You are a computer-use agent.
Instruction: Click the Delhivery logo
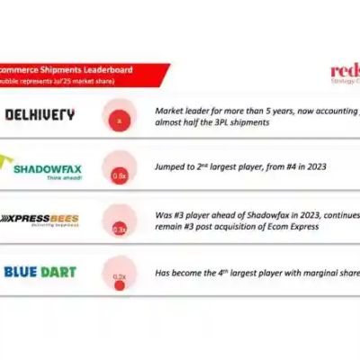point(40,115)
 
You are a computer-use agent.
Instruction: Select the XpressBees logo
point(41,218)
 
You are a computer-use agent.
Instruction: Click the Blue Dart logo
point(40,271)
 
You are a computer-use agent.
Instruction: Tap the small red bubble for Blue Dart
point(118,286)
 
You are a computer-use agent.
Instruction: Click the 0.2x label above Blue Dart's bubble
point(119,276)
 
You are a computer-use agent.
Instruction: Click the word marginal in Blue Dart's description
point(312,271)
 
